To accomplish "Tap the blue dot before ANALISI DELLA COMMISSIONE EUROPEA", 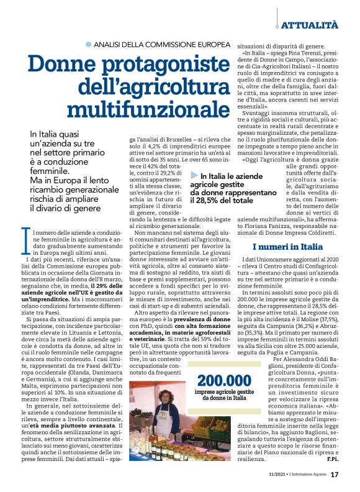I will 88,45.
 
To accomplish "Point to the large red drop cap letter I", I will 24,239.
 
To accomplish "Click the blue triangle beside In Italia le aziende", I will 195,176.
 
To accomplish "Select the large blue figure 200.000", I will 225,365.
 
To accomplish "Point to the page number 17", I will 334,475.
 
